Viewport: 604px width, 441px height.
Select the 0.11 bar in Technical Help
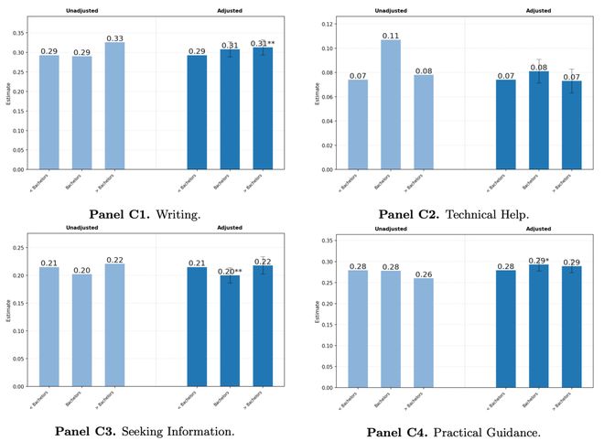(x=390, y=104)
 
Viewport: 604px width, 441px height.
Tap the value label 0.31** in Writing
(x=264, y=44)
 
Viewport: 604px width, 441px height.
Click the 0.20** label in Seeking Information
(x=230, y=272)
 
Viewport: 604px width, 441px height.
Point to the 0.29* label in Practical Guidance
(x=540, y=261)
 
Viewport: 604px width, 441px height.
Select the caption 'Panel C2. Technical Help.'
(x=453, y=214)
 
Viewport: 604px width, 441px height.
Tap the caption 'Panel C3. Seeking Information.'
(x=145, y=430)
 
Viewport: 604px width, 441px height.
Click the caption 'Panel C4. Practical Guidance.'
(x=455, y=431)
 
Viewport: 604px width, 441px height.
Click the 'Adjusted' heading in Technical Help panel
(x=539, y=11)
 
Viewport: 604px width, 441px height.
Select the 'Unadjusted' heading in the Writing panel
(x=81, y=11)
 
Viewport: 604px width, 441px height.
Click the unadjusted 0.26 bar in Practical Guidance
(x=424, y=332)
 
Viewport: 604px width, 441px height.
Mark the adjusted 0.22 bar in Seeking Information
(x=263, y=326)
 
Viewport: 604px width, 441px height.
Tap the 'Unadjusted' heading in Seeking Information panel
(x=81, y=227)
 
